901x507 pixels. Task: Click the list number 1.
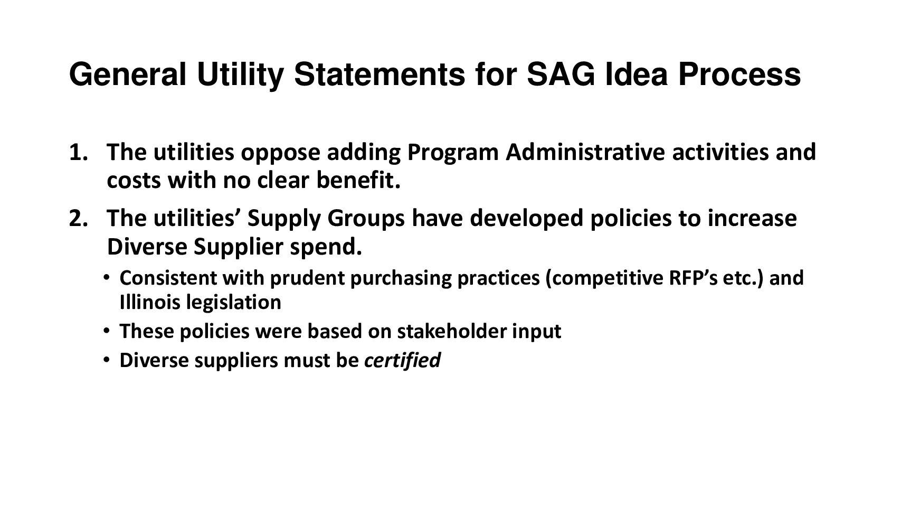[x=79, y=153]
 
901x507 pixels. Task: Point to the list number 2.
[x=79, y=219]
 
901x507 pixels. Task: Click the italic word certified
[x=402, y=360]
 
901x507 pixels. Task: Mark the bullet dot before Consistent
[x=106, y=278]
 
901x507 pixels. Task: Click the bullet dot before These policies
[x=106, y=331]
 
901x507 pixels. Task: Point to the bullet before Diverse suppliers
[x=106, y=360]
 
